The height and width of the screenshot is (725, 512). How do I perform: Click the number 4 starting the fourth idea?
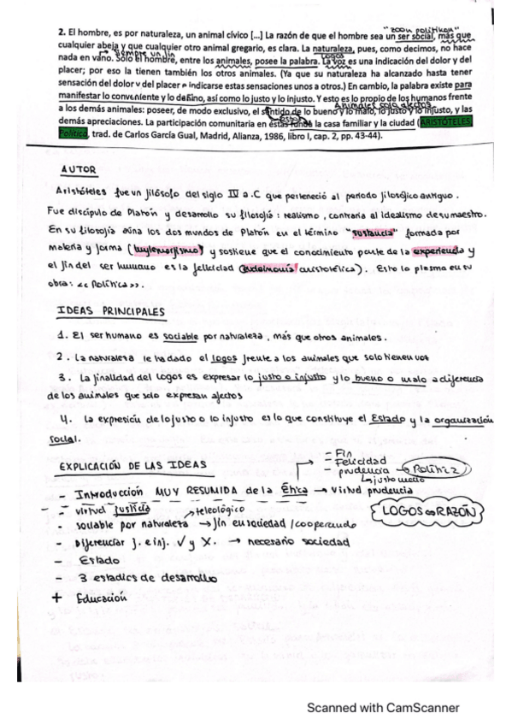click(x=64, y=419)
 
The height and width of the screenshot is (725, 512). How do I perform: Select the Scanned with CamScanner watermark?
click(x=383, y=708)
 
